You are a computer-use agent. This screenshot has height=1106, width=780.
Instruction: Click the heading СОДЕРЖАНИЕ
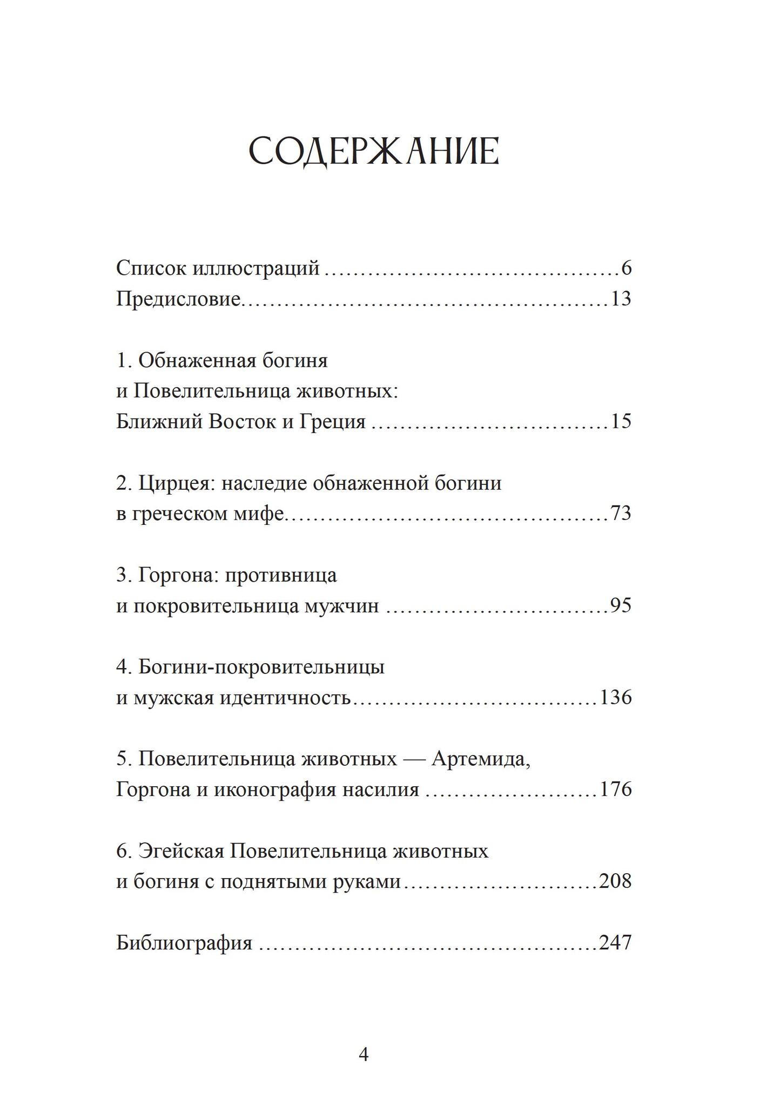coord(373,152)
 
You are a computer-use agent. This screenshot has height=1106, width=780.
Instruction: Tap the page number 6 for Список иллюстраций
coord(626,268)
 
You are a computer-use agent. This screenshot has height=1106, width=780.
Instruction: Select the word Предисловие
coord(178,299)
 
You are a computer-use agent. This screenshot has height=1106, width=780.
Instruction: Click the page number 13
coord(621,299)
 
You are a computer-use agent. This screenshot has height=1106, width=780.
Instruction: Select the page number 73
coord(621,513)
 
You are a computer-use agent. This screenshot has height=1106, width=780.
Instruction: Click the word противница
coord(280,575)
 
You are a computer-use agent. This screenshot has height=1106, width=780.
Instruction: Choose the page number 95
coord(621,605)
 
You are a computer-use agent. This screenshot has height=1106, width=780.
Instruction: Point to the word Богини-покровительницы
coord(261,667)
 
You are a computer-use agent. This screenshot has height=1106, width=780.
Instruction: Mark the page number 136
coord(616,697)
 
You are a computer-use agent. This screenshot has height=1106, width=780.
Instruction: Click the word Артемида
coord(481,759)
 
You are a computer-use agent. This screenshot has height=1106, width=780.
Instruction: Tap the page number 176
coord(616,790)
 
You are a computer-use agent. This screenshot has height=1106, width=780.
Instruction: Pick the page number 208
coord(616,881)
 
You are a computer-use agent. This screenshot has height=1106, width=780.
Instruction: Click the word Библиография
coord(184,943)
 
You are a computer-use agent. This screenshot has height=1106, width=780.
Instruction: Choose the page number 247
coord(616,943)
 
